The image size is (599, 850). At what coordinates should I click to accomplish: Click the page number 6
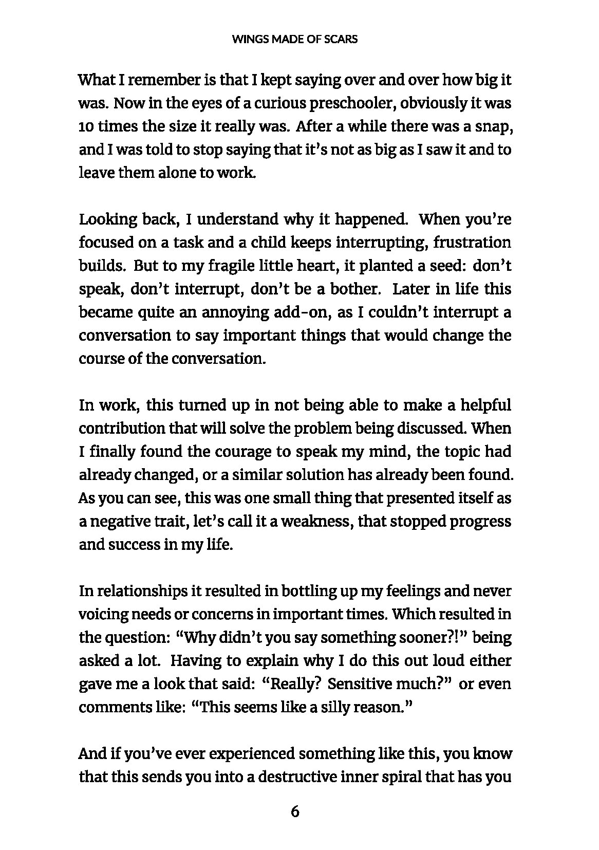coord(295,811)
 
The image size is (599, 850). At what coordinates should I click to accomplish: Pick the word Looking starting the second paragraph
coord(105,220)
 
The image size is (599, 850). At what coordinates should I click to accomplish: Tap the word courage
coord(242,452)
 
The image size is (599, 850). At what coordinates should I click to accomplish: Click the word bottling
coord(307,591)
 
